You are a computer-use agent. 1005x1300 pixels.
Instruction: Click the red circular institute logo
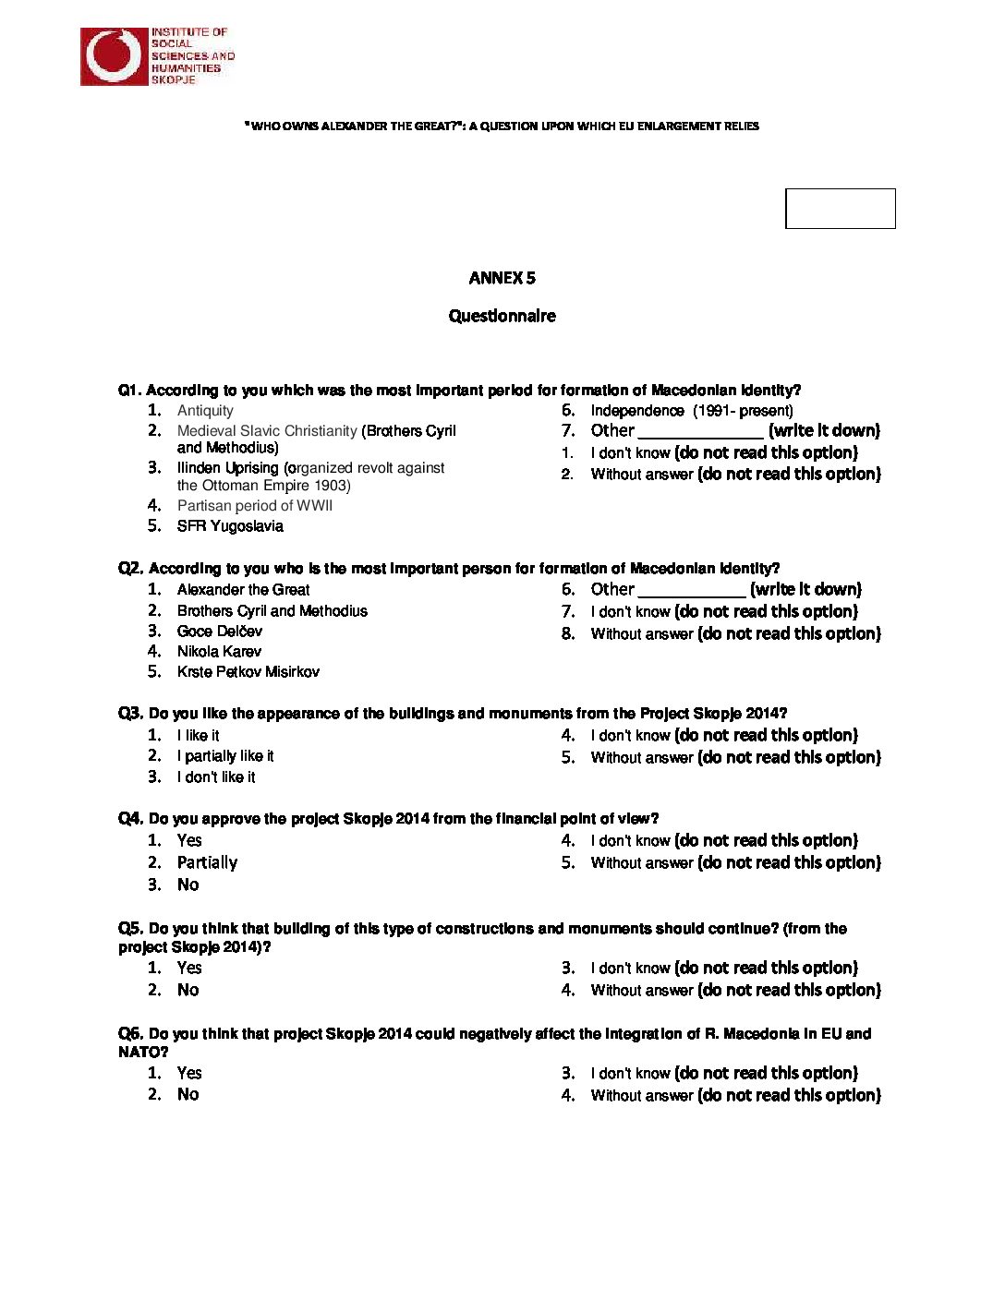115,56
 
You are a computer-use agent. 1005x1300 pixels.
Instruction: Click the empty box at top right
840,209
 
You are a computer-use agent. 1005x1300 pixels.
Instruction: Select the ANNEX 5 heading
502,278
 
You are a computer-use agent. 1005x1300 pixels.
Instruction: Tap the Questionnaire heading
502,316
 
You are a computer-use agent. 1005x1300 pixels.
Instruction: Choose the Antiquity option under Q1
205,411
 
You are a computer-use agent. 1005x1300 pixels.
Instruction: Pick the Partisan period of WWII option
254,506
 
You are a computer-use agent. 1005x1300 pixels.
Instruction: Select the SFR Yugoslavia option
230,526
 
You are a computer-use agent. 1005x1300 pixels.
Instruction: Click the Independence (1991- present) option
691,411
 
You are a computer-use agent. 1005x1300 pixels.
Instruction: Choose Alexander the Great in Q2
243,590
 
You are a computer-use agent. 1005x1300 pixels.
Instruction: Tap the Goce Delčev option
219,632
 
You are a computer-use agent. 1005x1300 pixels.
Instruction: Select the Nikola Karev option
219,652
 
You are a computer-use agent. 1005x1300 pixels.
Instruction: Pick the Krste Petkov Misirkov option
248,672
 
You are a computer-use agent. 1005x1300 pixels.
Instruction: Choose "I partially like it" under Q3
225,756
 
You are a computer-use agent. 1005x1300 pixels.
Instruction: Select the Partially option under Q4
207,862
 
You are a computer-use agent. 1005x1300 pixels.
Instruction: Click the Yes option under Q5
188,968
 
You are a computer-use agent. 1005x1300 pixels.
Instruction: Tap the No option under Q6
188,1094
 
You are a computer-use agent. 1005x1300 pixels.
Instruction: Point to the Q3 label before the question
130,714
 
